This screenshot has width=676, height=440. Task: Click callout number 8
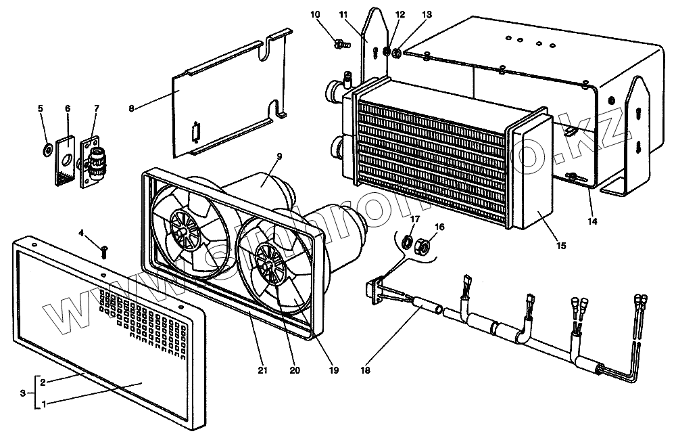pyautogui.click(x=131, y=108)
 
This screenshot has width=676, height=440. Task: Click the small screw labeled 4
pyautogui.click(x=104, y=252)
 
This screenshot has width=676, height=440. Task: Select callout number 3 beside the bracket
pyautogui.click(x=23, y=393)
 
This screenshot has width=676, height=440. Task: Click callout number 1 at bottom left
pyautogui.click(x=43, y=404)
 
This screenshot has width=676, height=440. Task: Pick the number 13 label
pyautogui.click(x=425, y=14)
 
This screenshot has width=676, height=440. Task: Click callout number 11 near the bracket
pyautogui.click(x=343, y=14)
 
